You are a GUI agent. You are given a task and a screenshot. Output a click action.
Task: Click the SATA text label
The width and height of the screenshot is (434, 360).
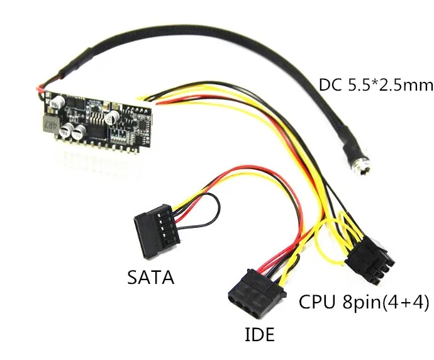pos(150,276)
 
